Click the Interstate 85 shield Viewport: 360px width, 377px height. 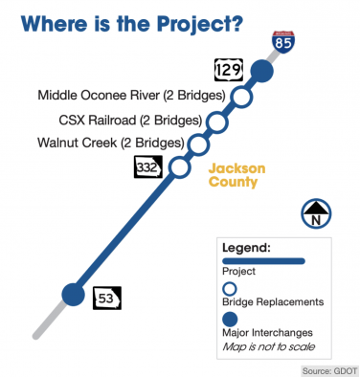tap(282, 41)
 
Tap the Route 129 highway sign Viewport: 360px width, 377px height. tap(227, 70)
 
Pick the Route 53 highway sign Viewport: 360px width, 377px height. tap(106, 298)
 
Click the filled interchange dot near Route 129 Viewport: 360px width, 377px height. tap(260, 72)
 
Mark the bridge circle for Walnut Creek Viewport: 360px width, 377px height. tap(198, 144)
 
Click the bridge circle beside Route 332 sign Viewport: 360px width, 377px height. tap(178, 166)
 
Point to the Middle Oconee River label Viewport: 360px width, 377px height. tap(131, 96)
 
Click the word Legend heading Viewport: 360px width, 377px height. tap(246, 247)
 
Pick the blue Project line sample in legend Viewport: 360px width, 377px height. tap(262, 260)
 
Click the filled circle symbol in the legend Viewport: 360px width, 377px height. tap(230, 319)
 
